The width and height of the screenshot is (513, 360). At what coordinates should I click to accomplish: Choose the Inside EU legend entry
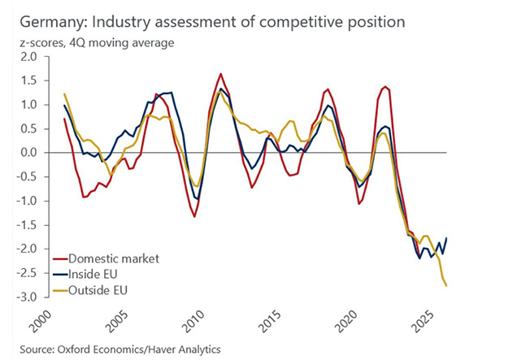[102, 273]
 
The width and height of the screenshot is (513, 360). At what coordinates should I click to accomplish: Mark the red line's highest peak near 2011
[220, 74]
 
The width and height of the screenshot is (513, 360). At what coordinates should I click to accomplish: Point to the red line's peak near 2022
[385, 86]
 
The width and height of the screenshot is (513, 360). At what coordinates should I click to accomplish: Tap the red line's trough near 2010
[195, 216]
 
